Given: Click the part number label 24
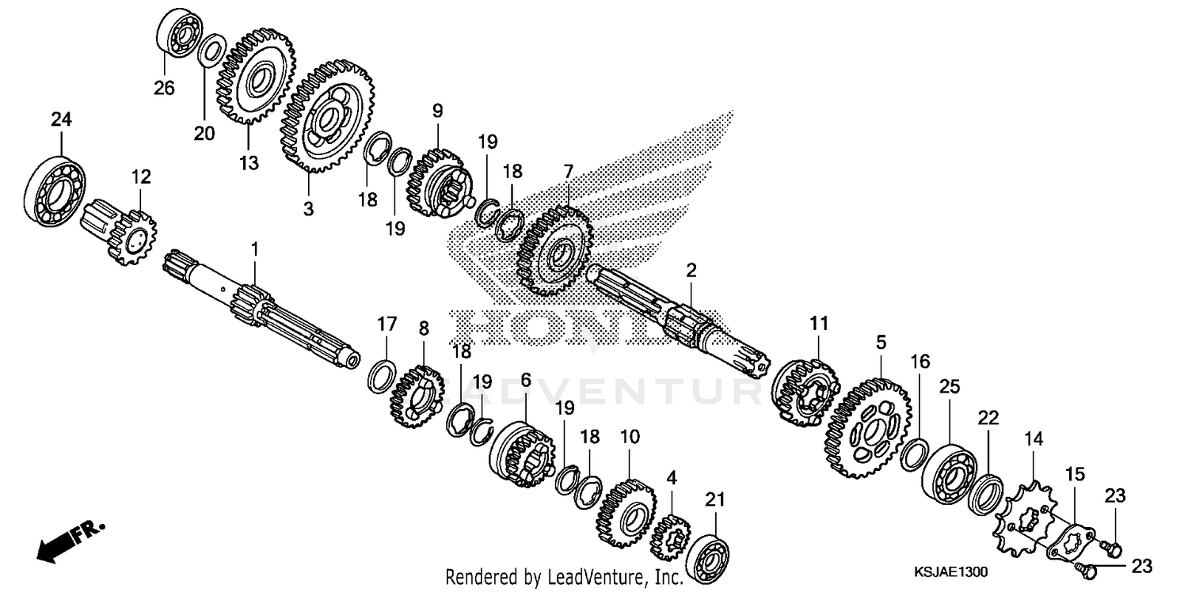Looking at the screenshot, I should pos(61,120).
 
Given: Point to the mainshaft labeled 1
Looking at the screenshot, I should pos(261,309).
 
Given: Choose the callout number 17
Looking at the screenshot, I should pos(386,324).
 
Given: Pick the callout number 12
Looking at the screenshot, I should pos(140,177).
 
